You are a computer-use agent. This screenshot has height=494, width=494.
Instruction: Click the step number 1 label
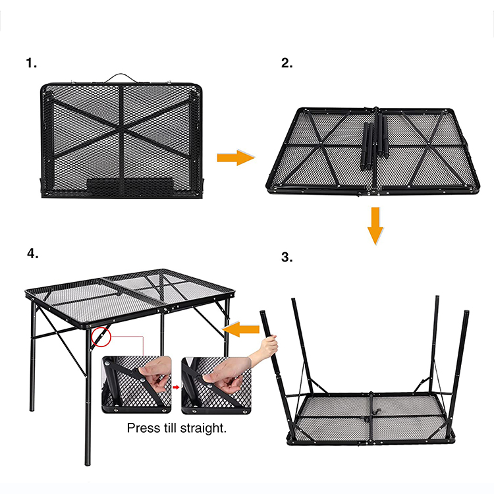(x=31, y=63)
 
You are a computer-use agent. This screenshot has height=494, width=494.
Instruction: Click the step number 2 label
(x=287, y=63)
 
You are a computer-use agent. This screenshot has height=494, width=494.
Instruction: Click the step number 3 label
(x=287, y=257)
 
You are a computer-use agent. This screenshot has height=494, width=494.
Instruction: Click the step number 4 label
(x=33, y=254)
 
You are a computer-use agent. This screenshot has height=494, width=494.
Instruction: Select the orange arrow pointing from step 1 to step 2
(x=236, y=157)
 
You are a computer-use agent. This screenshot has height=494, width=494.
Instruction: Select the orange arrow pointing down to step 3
(x=375, y=225)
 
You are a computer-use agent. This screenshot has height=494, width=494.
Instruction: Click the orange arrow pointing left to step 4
(x=240, y=329)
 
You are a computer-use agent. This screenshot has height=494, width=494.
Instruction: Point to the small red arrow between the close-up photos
(x=176, y=387)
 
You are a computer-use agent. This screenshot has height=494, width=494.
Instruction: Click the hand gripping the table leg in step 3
(x=269, y=346)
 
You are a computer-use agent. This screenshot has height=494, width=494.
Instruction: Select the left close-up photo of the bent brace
(x=137, y=385)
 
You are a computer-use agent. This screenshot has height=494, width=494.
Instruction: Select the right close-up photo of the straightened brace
(x=216, y=385)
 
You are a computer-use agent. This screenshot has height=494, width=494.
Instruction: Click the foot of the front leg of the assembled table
(x=87, y=462)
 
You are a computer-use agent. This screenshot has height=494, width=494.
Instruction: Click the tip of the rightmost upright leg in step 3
(x=466, y=312)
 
